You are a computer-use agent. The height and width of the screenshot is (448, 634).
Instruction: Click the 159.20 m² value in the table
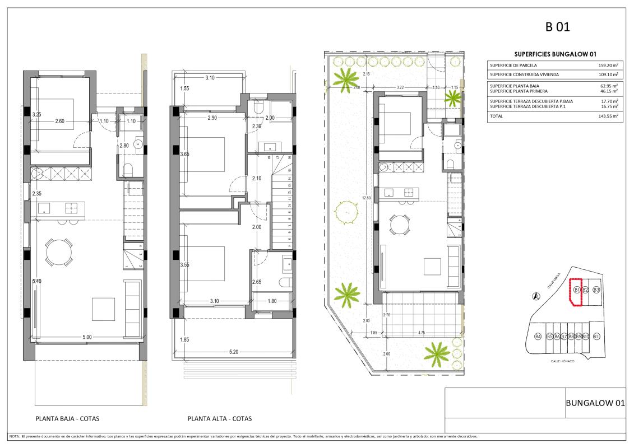[608, 65]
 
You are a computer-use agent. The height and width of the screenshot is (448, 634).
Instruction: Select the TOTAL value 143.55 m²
[608, 116]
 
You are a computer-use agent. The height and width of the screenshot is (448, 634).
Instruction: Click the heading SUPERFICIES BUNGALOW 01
[554, 54]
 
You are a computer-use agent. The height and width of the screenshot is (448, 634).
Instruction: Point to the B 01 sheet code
[557, 26]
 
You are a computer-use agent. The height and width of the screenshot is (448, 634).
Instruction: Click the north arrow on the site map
[536, 296]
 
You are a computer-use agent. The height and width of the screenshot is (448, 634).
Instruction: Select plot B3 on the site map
[596, 290]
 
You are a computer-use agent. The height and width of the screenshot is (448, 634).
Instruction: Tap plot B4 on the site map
[538, 337]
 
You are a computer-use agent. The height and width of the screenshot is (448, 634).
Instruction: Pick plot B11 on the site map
[596, 337]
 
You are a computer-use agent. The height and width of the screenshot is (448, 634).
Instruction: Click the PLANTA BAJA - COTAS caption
[67, 418]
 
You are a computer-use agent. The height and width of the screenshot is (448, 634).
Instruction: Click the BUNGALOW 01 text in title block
[595, 402]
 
